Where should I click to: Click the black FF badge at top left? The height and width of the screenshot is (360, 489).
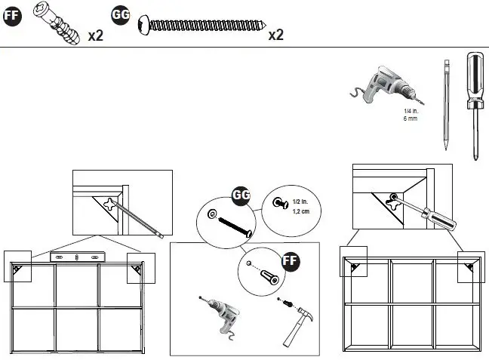(x=11, y=18)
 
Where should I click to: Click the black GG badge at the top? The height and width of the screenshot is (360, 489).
(x=120, y=15)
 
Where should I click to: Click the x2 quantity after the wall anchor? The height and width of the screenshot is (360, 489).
(x=96, y=35)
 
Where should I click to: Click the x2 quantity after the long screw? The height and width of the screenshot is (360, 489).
(x=275, y=35)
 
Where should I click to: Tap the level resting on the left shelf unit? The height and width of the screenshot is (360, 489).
(x=78, y=257)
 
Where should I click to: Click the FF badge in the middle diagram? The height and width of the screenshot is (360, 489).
(x=291, y=262)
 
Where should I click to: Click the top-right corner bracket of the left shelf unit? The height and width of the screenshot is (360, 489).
(x=137, y=267)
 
